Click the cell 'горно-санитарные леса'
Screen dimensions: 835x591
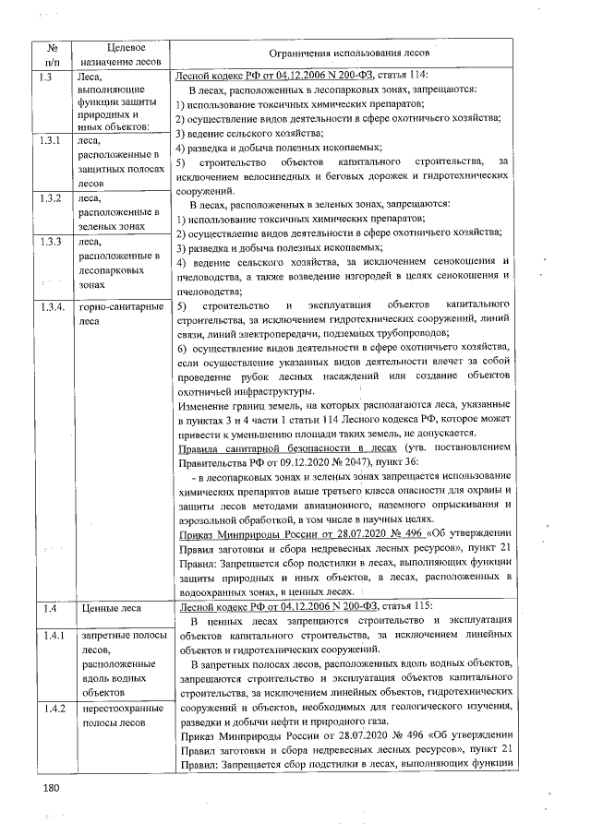pos(116,314)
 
